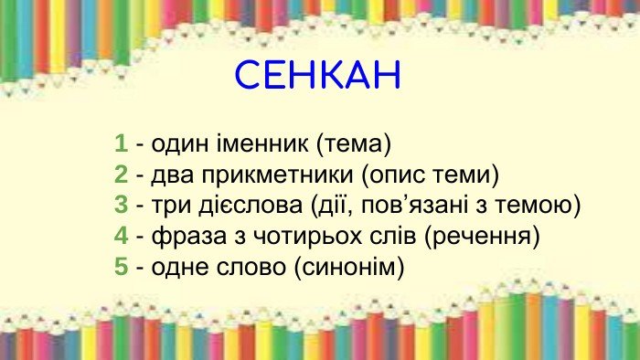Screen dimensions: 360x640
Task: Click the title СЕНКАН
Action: pyautogui.click(x=318, y=76)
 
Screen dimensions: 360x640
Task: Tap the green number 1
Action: pyautogui.click(x=121, y=143)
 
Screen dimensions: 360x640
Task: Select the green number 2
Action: pyautogui.click(x=121, y=175)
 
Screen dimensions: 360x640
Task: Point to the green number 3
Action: pyautogui.click(x=121, y=206)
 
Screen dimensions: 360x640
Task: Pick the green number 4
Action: pyautogui.click(x=121, y=237)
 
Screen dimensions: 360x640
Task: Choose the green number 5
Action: pyautogui.click(x=121, y=268)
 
